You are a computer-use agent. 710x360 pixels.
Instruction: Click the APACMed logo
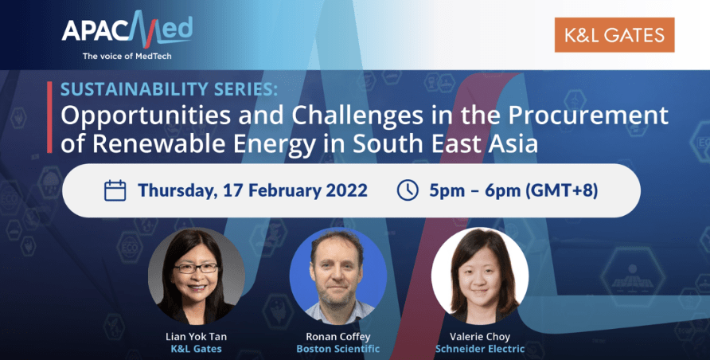(x=127, y=30)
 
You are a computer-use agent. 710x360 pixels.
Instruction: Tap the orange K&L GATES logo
(x=614, y=35)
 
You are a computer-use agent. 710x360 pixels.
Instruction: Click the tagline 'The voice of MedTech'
(x=127, y=57)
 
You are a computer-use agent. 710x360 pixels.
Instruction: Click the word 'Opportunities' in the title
(x=146, y=117)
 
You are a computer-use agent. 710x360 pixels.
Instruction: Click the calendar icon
(x=115, y=190)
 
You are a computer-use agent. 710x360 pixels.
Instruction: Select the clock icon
(x=408, y=190)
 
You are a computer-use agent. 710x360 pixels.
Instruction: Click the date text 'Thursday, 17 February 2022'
(x=252, y=190)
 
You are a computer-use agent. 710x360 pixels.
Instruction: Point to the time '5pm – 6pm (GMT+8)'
(x=513, y=190)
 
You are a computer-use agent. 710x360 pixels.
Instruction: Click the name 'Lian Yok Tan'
(x=196, y=337)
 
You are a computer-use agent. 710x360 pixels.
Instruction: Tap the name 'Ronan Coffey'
(x=337, y=337)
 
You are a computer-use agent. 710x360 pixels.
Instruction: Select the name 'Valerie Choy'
(x=479, y=337)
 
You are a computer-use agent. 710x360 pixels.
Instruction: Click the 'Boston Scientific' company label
(x=337, y=349)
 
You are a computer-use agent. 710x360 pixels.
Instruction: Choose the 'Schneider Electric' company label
(x=480, y=349)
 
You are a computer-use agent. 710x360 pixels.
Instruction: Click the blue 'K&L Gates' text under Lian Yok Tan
(x=196, y=349)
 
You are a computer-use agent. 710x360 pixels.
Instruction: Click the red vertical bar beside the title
(x=49, y=117)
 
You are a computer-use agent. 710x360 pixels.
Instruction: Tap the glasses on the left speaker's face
(x=196, y=268)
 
